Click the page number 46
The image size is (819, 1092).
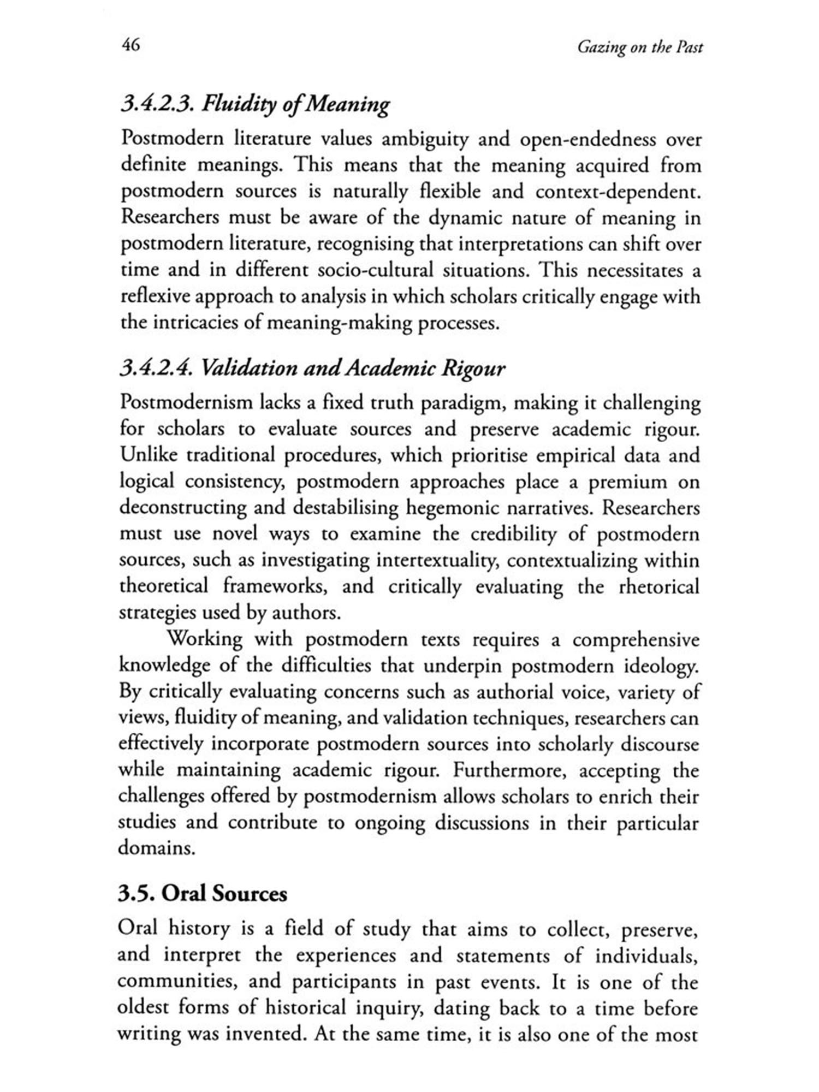[x=130, y=45]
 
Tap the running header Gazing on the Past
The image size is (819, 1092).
[x=640, y=48]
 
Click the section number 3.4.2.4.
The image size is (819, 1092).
[x=156, y=369]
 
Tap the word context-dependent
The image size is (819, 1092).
[x=618, y=192]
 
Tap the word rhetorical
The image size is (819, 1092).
[x=658, y=587]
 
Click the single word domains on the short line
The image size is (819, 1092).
[x=156, y=849]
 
